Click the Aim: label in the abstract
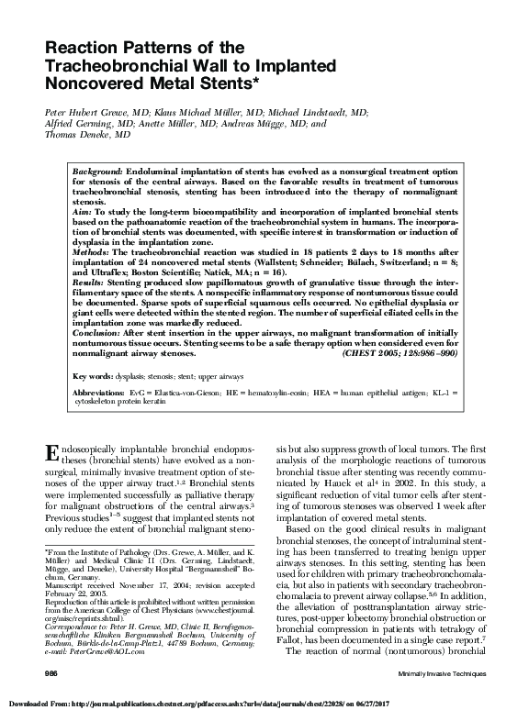click(x=84, y=210)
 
